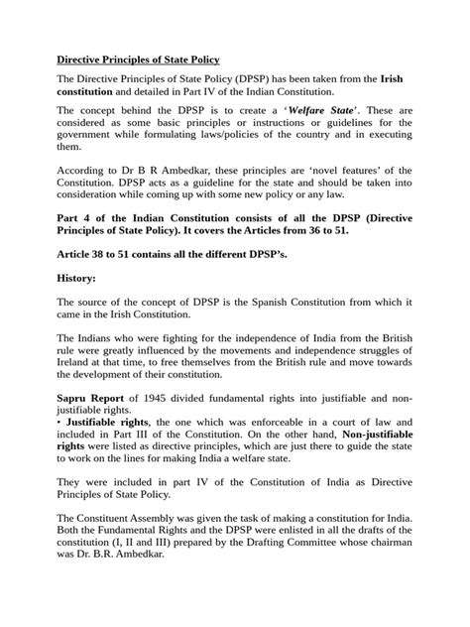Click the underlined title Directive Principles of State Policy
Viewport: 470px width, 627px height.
pyautogui.click(x=137, y=62)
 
